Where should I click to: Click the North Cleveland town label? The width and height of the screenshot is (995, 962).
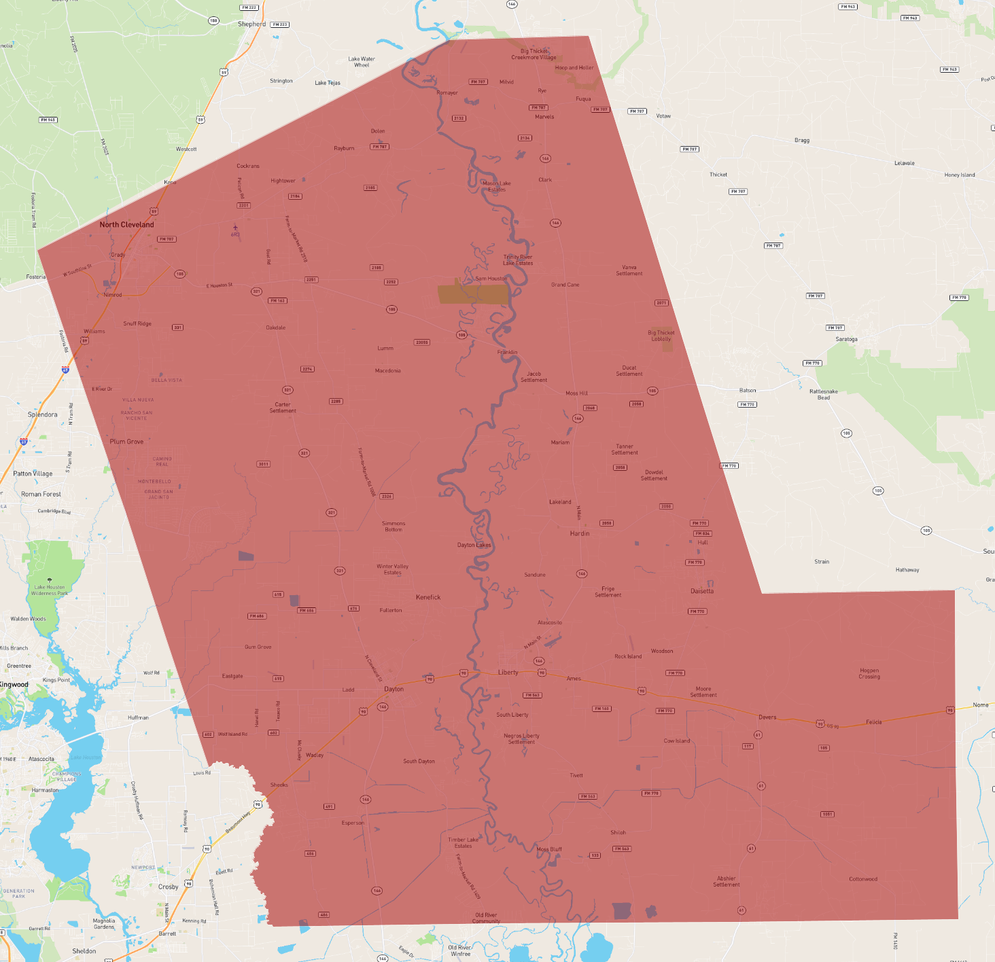126,225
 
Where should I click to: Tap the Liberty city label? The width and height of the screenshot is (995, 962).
508,673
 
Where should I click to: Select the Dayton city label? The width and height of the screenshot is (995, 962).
394,689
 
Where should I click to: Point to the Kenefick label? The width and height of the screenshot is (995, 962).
428,597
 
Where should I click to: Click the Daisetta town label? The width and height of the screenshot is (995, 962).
702,591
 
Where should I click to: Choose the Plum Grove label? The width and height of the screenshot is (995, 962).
126,442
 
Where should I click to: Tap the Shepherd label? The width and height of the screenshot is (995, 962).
251,24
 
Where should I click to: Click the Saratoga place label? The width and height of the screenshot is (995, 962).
846,339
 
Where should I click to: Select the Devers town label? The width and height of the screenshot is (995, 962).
767,717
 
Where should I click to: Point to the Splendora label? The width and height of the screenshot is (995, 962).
42,414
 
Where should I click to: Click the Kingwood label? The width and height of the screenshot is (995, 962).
14,685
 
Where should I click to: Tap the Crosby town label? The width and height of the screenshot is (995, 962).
168,887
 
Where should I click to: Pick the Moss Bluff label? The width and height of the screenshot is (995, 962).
549,849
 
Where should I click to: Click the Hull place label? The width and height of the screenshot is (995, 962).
703,542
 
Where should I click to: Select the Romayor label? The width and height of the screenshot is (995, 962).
447,93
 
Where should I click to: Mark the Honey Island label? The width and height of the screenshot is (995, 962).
959,175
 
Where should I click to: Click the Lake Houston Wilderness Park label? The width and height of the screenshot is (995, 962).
50,590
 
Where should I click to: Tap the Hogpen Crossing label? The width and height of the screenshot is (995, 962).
869,673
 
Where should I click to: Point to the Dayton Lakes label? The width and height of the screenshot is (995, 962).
474,545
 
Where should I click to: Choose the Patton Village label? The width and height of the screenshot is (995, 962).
33,474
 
